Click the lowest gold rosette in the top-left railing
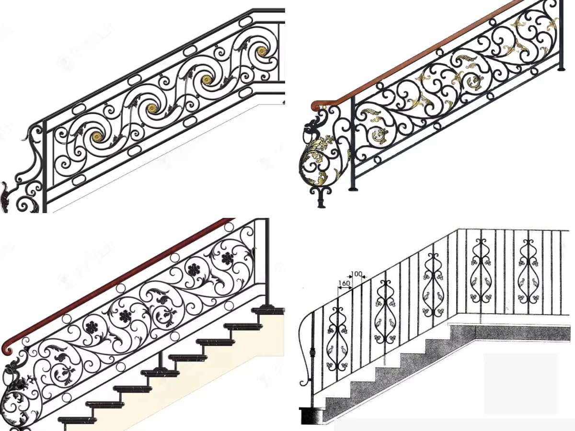tap(97, 136)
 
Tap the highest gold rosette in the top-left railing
tap(262, 51)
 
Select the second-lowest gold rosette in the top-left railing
tap(151, 108)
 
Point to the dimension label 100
tap(356, 274)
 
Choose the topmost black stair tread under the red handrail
tap(268, 311)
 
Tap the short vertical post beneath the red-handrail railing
tap(161, 360)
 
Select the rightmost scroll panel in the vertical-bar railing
tap(529, 272)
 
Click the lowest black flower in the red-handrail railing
tap(91, 327)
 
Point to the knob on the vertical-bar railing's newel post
tap(312, 351)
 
